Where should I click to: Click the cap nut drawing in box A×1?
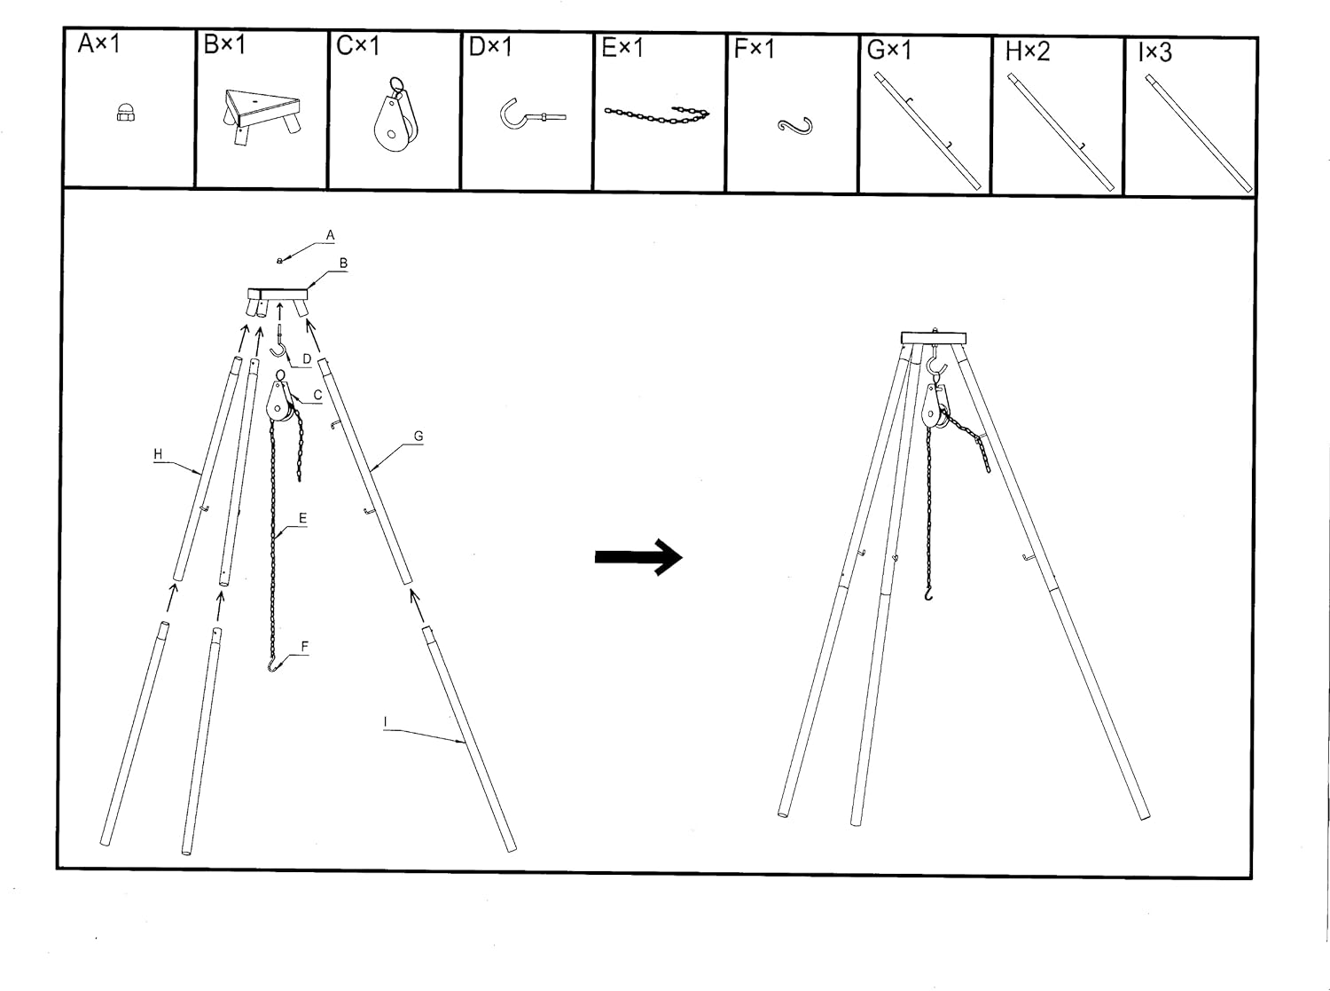(126, 112)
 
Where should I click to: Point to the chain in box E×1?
(657, 114)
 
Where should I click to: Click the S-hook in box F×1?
(794, 125)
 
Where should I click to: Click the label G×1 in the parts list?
(888, 51)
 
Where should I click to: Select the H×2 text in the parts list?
(1027, 51)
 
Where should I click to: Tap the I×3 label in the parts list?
(1154, 52)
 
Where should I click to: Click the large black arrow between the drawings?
(638, 557)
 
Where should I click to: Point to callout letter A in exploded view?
(330, 235)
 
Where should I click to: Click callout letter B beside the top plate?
(343, 263)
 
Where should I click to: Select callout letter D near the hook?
(307, 359)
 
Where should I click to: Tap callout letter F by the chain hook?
(305, 647)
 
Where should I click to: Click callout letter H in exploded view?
(158, 453)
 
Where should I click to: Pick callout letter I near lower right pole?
(386, 722)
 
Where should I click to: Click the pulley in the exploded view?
(279, 397)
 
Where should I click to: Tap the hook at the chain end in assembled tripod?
(929, 594)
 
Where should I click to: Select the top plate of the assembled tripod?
(934, 337)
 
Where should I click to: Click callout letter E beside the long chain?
(303, 518)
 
